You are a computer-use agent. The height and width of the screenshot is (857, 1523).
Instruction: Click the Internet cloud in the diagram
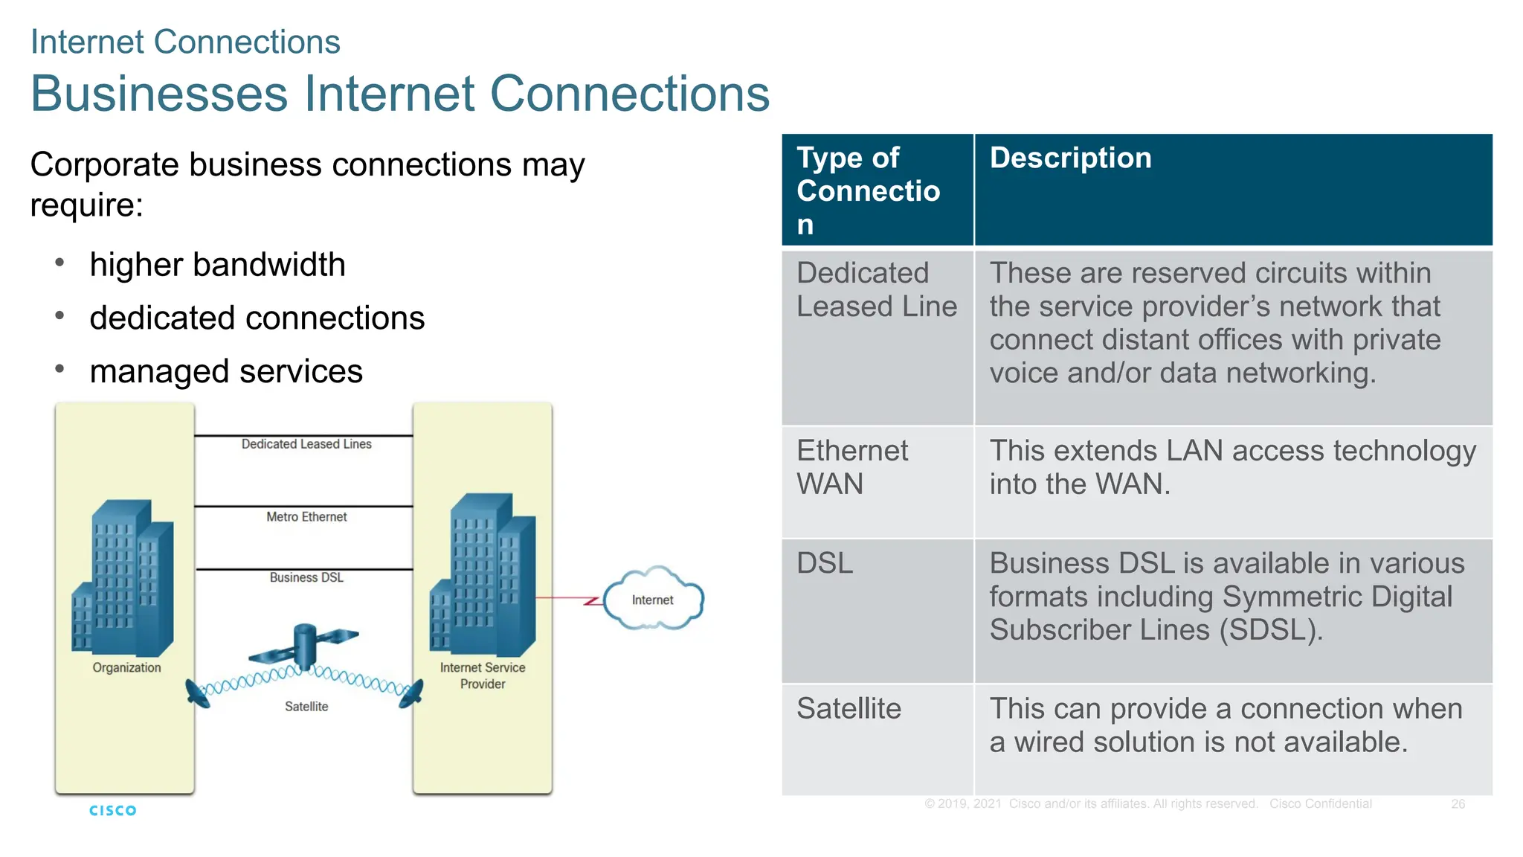tap(653, 600)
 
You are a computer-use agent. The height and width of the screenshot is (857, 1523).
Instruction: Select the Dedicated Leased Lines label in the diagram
tap(306, 444)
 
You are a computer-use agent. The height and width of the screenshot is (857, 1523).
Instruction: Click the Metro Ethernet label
tap(306, 516)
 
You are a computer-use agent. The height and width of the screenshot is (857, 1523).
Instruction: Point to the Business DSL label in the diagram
tap(306, 577)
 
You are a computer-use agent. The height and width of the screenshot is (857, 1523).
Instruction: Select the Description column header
tap(1070, 158)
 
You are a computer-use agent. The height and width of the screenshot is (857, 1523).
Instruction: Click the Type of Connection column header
tap(868, 190)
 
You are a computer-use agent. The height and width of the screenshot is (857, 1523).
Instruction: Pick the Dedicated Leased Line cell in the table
tap(876, 290)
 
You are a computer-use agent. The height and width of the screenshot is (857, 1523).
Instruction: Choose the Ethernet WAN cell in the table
tap(851, 467)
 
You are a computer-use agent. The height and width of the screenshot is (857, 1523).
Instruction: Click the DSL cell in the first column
tap(825, 563)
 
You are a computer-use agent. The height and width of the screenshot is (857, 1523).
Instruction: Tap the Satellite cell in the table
tap(849, 708)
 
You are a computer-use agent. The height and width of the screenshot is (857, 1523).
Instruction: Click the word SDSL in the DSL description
tap(1270, 630)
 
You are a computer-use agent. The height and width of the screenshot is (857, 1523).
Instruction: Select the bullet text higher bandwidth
tap(217, 265)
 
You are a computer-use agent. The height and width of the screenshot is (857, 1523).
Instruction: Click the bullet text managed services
tap(226, 371)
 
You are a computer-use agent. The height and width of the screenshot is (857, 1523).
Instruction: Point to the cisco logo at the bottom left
tap(113, 810)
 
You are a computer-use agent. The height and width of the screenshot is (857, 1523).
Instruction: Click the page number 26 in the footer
tap(1458, 804)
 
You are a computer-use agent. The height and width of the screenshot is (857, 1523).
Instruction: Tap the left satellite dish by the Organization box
tap(198, 693)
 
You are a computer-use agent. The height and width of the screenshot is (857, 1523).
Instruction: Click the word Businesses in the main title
tap(159, 94)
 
